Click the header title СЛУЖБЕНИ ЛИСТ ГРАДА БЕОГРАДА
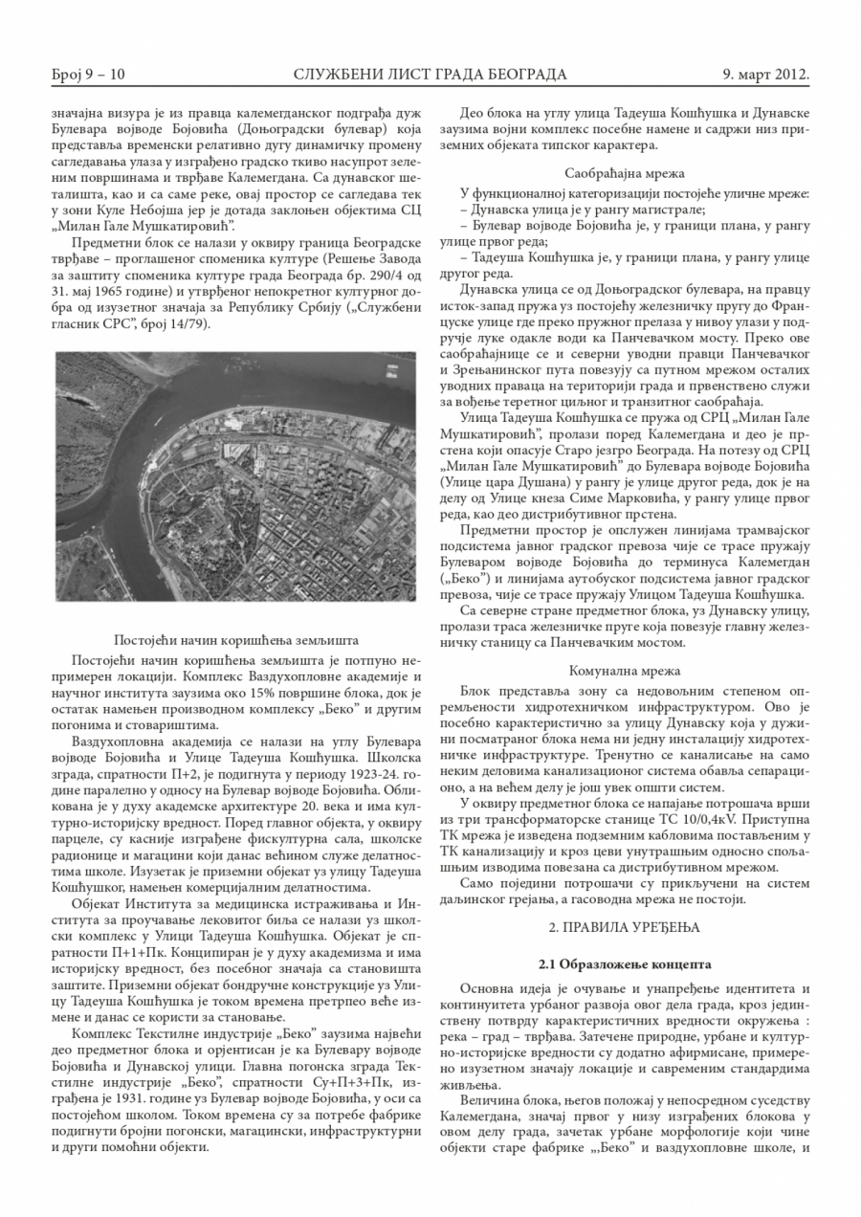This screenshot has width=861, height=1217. (430, 74)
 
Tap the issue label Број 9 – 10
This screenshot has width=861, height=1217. (89, 74)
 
